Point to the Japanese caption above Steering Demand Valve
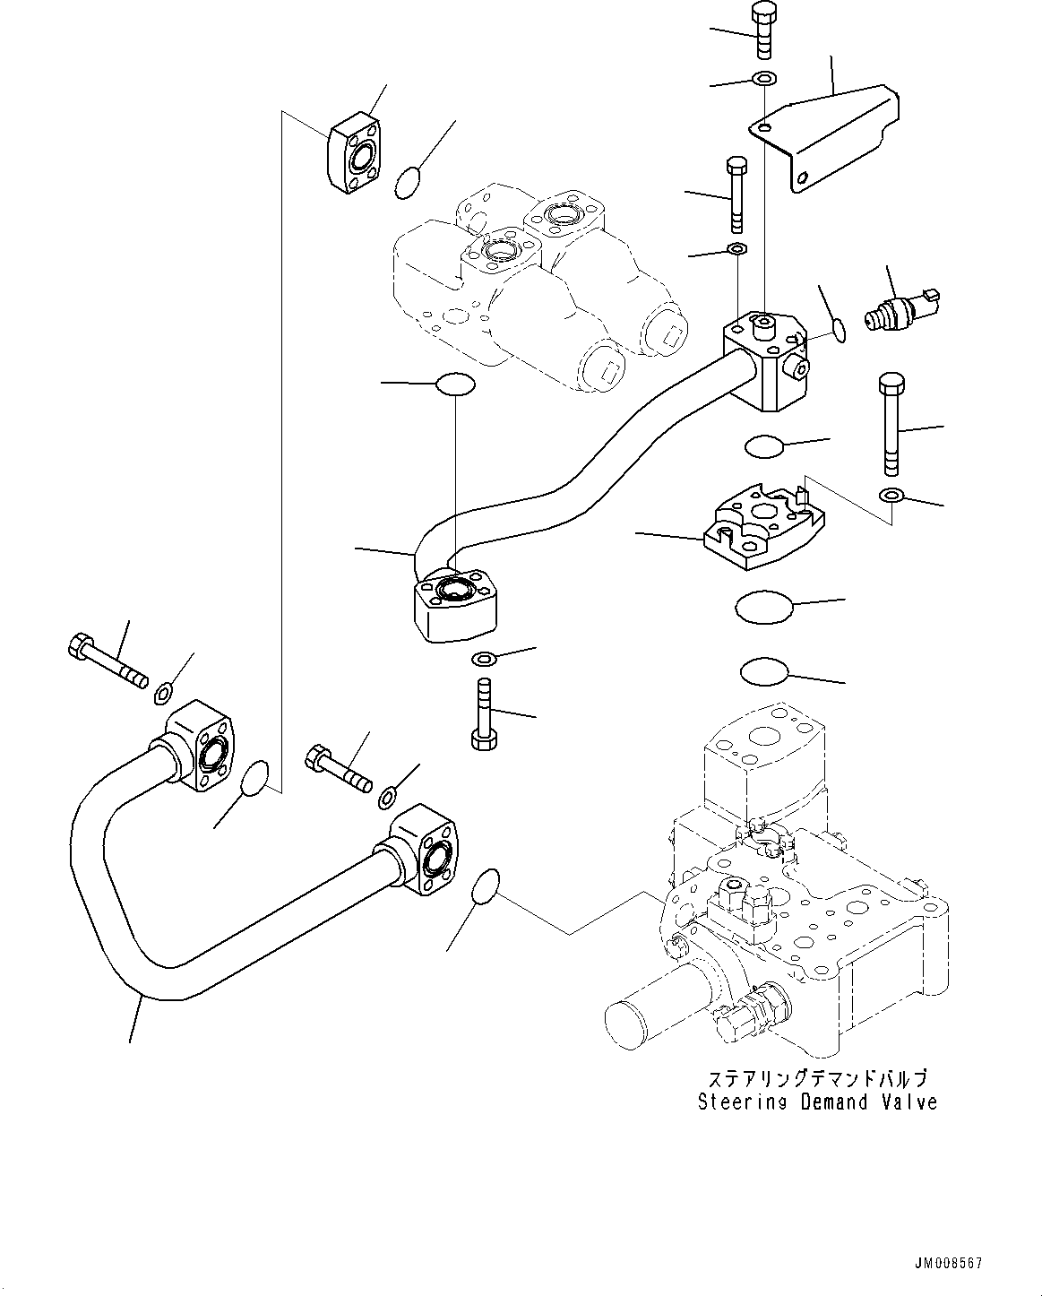click(x=817, y=1078)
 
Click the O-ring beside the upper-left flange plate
click(x=408, y=183)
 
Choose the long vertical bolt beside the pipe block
click(x=891, y=424)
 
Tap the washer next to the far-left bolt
click(x=163, y=691)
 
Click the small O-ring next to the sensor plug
click(x=836, y=330)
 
